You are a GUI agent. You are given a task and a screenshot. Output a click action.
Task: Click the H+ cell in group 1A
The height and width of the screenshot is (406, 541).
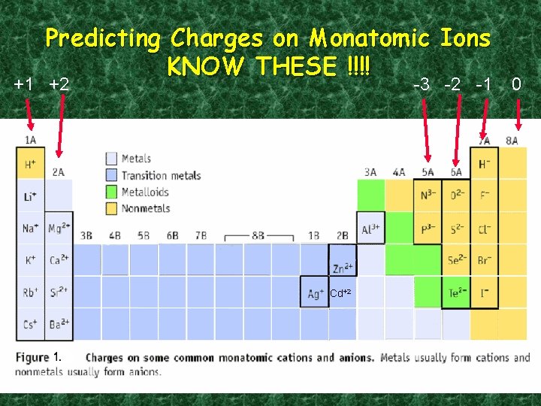[30, 164]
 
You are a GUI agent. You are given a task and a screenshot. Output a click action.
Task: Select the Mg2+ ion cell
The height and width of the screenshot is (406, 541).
[59, 228]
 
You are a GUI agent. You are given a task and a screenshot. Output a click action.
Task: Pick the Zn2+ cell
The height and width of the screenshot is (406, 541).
[342, 261]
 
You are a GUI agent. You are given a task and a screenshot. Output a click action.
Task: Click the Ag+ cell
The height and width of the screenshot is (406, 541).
[315, 293]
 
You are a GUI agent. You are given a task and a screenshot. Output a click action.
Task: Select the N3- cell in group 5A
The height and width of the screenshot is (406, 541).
[428, 195]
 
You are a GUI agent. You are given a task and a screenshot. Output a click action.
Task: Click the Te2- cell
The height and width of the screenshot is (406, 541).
[456, 293]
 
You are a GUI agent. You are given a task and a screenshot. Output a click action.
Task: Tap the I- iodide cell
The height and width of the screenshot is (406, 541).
[485, 293]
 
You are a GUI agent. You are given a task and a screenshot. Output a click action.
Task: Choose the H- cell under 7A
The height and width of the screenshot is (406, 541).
[485, 164]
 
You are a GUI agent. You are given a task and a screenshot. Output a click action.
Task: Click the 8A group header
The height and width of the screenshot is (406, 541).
[512, 140]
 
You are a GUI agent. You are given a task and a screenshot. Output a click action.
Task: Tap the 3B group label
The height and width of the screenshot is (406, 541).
[86, 235]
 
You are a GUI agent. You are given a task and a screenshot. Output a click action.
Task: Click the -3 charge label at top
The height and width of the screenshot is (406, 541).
[423, 84]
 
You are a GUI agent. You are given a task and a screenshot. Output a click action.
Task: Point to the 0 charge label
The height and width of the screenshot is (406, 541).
[516, 83]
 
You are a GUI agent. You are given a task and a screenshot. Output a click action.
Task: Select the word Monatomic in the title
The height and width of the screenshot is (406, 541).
[370, 38]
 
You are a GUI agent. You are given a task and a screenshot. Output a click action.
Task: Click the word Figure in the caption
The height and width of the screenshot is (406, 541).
[32, 357]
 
